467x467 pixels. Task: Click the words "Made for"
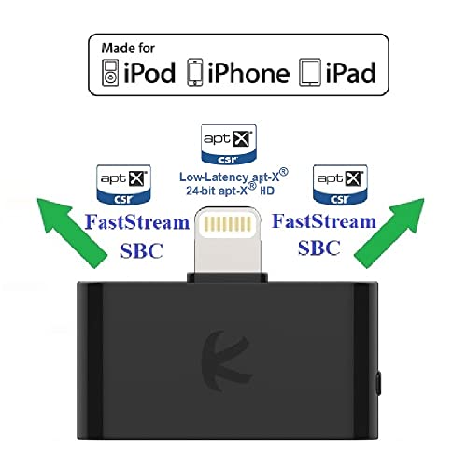coord(128,49)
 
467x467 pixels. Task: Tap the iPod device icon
coord(110,73)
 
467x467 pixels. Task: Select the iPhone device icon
coord(195,72)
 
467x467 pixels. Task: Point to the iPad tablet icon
coord(310,73)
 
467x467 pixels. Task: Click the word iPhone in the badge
coord(248,73)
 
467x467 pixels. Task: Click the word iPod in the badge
coord(149,73)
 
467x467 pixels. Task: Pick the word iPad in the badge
coord(351,73)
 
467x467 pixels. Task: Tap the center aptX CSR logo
coord(229,145)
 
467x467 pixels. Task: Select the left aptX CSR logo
coord(123,185)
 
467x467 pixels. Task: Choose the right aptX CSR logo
coord(340,185)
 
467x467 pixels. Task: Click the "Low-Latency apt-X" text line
coord(233,177)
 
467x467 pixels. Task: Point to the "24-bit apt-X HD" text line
coord(230,190)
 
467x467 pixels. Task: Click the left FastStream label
coord(137,222)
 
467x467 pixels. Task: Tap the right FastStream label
coord(324,221)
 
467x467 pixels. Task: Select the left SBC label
coord(142,250)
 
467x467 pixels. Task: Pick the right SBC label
coord(319,248)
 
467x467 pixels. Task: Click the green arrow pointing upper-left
coord(70,232)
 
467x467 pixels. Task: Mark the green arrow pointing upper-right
coord(390,232)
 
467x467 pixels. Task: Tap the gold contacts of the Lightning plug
coord(228,224)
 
